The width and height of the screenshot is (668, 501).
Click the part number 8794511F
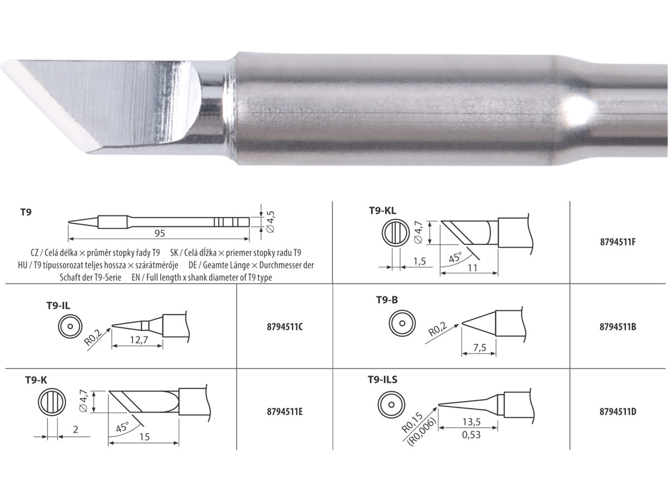click(x=618, y=242)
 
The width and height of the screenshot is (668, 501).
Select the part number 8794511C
click(x=285, y=327)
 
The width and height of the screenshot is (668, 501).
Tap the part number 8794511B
click(x=618, y=327)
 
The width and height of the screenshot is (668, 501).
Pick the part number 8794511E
click(x=285, y=411)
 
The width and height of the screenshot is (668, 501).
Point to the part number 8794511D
click(x=618, y=411)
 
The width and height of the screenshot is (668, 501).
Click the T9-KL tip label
click(x=383, y=210)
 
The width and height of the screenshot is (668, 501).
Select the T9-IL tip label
click(x=58, y=306)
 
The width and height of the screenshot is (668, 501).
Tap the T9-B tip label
click(x=387, y=300)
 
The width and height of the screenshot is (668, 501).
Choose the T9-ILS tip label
click(x=382, y=380)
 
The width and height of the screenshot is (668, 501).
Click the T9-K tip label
click(x=36, y=380)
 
